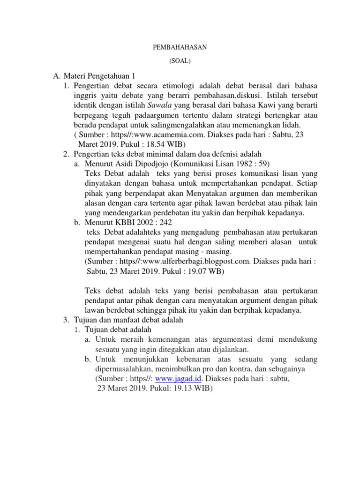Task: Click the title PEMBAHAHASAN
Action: (x=180, y=47)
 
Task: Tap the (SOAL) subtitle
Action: (x=180, y=61)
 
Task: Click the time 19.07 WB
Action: (x=201, y=272)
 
